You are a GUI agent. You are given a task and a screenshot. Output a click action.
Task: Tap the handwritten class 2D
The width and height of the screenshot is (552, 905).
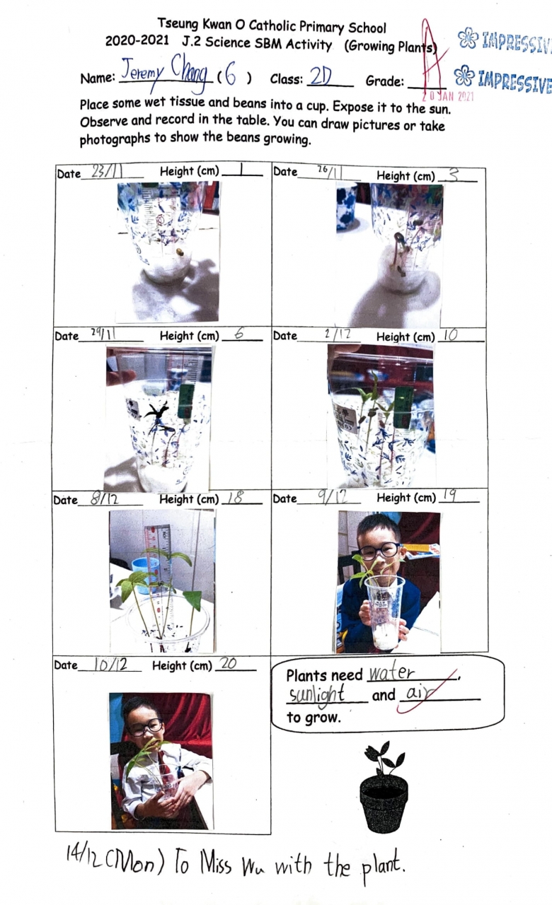(x=321, y=76)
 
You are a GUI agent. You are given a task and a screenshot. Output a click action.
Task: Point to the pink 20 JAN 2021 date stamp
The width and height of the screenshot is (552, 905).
(x=448, y=96)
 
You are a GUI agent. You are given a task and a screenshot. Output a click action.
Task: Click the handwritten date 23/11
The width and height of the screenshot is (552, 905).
(x=107, y=171)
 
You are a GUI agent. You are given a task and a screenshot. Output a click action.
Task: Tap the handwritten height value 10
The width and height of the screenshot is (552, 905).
(x=451, y=335)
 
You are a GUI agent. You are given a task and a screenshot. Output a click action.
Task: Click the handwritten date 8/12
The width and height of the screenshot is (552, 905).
(x=104, y=498)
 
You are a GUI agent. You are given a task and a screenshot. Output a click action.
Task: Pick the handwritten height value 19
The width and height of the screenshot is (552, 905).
(x=449, y=496)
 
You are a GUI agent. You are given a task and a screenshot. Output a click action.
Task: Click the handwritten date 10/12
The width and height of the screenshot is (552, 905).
(x=110, y=664)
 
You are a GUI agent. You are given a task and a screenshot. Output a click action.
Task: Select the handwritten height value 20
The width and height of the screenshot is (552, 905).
(x=229, y=663)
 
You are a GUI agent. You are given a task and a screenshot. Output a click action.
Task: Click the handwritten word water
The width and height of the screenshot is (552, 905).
(x=391, y=672)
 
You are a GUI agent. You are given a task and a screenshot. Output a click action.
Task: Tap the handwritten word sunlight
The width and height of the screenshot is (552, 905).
(x=316, y=695)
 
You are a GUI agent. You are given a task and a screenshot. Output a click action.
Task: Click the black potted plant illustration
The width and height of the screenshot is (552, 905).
(x=384, y=788)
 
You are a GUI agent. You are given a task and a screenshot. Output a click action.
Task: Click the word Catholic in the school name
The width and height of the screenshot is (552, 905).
(x=272, y=26)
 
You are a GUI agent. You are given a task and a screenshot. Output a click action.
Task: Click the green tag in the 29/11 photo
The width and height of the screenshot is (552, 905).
(x=186, y=401)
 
